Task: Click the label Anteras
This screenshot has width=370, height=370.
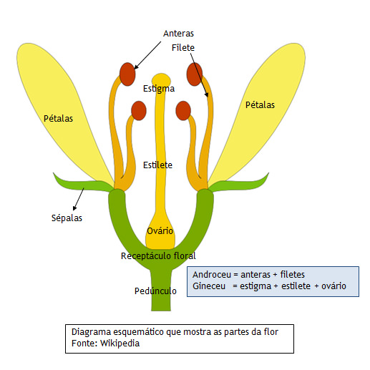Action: [x=178, y=34]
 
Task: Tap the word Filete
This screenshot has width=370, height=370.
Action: [x=183, y=48]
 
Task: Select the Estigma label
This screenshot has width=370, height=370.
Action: [x=159, y=89]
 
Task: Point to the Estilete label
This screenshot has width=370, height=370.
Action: [x=157, y=165]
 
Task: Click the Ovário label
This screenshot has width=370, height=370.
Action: [x=160, y=230]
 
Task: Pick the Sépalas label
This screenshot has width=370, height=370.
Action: [x=67, y=218]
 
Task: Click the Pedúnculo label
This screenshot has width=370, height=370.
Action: [x=155, y=291]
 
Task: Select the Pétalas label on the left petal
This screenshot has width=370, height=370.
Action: [x=58, y=118]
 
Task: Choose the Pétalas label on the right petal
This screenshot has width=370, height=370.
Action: [x=260, y=104]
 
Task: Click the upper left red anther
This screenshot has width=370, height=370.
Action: [x=127, y=74]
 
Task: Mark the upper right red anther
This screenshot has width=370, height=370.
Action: [x=195, y=74]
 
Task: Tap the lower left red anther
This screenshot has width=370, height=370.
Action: [x=139, y=111]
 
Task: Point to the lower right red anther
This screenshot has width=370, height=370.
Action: [x=183, y=111]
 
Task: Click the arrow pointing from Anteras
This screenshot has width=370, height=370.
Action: [x=147, y=55]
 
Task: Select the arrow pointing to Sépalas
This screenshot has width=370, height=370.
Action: [x=79, y=199]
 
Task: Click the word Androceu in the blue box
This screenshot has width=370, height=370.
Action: [x=212, y=275]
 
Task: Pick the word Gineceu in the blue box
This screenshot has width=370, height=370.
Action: [x=209, y=286]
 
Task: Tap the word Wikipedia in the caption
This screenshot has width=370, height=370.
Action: [x=120, y=344]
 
